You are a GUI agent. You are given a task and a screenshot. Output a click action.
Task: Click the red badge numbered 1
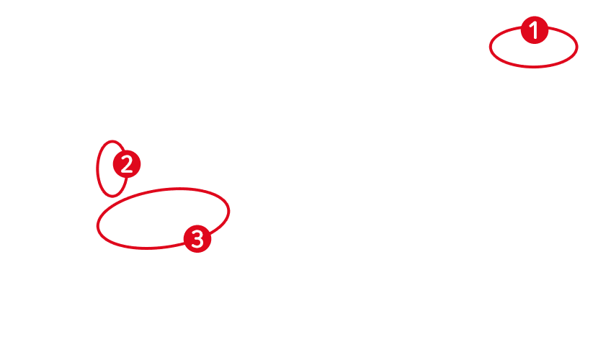tap(534, 30)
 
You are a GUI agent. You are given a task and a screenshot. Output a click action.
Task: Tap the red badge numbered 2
tap(127, 165)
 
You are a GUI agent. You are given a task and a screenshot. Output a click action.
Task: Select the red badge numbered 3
tap(197, 238)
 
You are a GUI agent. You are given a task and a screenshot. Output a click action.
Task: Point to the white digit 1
tap(534, 30)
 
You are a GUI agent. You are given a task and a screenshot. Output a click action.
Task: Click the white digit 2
tap(127, 165)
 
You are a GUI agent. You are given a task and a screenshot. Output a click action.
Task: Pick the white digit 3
tap(197, 238)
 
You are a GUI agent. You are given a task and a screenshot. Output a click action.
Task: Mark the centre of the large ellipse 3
tap(163, 218)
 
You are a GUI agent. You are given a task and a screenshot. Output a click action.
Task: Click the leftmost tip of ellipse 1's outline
tap(490, 48)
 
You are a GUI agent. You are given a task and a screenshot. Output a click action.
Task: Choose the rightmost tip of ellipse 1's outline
tap(577, 47)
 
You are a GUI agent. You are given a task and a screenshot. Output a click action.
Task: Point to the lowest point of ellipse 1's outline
tap(534, 67)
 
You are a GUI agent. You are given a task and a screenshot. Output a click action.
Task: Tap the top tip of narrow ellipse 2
tap(112, 141)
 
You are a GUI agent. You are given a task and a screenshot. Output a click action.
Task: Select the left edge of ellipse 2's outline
tap(97, 169)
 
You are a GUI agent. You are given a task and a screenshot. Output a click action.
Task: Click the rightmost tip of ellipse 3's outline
tap(229, 210)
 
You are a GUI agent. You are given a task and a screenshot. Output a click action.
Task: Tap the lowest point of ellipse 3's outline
tap(148, 248)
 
